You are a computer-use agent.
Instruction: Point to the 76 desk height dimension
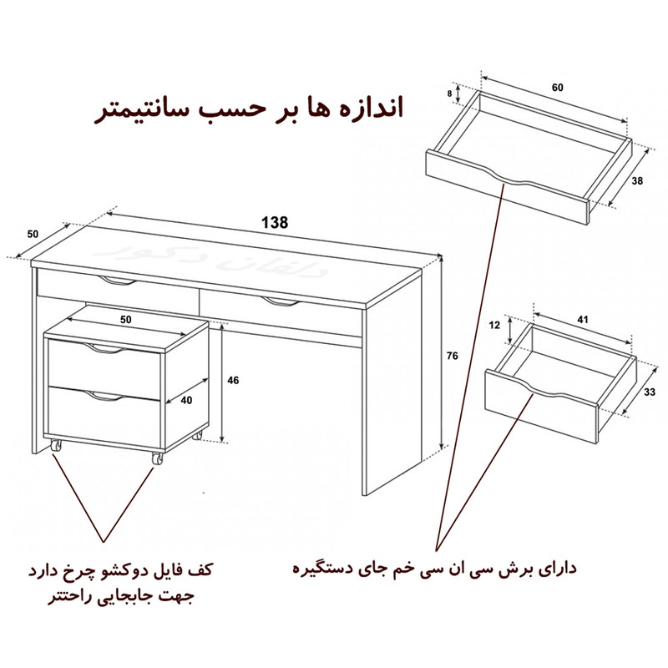coord(452,357)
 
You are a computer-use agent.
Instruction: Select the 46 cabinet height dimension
coord(234,380)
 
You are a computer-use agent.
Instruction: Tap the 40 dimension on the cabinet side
coord(186,400)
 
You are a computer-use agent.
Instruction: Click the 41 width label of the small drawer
coord(583,320)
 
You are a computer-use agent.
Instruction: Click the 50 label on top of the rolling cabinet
coord(126,320)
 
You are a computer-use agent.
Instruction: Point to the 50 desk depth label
coord(33,234)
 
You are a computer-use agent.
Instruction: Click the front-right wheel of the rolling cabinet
coord(156,458)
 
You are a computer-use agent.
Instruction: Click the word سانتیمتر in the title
coord(138,111)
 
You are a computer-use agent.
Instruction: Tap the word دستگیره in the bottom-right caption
coord(326,569)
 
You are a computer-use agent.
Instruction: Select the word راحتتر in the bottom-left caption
coord(72,598)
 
